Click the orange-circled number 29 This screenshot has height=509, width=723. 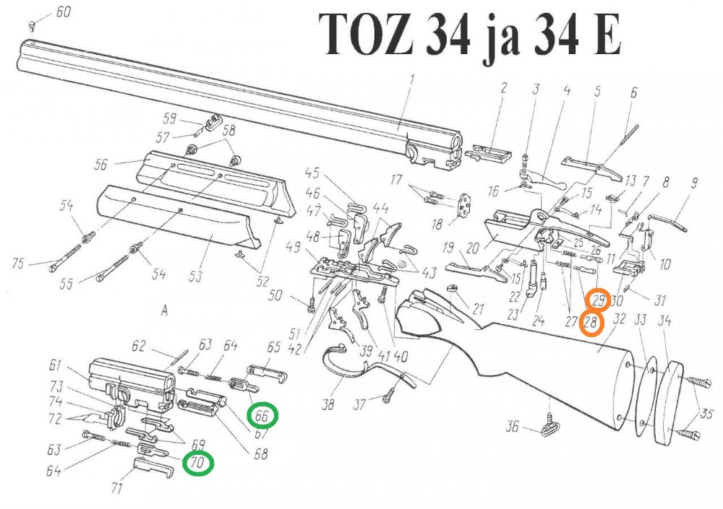click(599, 300)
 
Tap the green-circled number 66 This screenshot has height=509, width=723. click(263, 417)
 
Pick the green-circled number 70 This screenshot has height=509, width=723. click(198, 462)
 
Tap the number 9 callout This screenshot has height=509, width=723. click(693, 183)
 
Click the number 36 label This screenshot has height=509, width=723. click(511, 427)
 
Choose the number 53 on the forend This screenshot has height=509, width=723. click(213, 258)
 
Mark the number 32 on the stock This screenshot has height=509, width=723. click(619, 318)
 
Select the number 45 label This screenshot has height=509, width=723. click(312, 173)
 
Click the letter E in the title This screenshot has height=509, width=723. click(607, 35)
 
